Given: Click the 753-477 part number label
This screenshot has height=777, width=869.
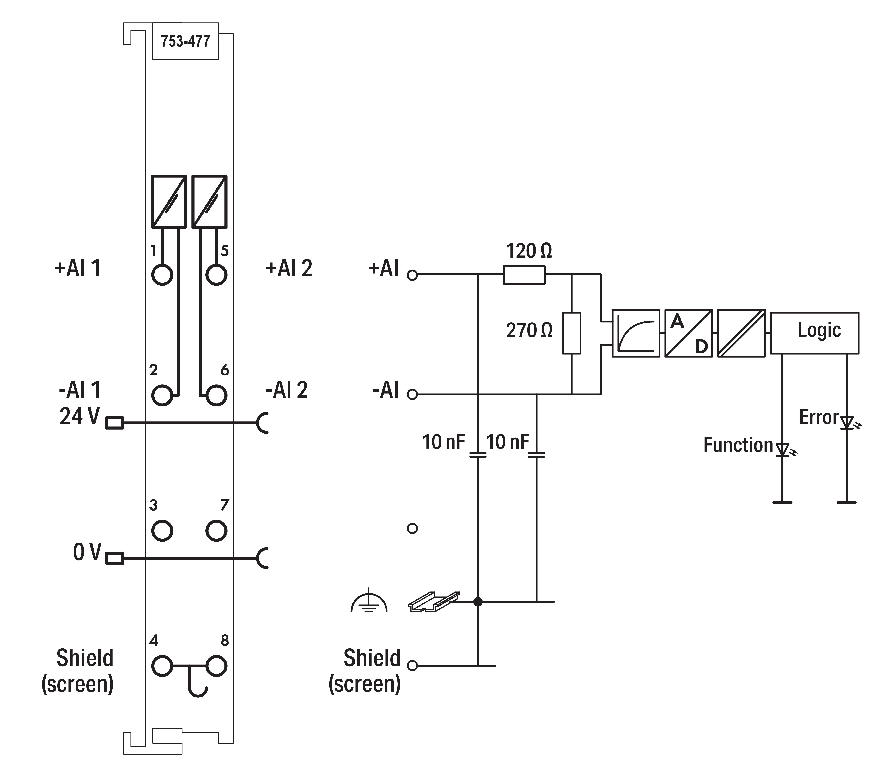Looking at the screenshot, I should point(185,41).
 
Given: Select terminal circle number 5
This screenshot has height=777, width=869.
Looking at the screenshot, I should point(216,275).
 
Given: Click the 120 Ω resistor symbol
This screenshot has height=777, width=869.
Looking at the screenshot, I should point(524,275).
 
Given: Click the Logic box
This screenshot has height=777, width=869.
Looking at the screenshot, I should point(814,333).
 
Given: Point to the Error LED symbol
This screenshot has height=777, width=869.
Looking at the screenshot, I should point(847,423).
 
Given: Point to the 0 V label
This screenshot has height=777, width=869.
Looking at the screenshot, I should point(87,552).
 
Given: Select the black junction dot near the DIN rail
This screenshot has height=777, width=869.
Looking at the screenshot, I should point(478,602).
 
